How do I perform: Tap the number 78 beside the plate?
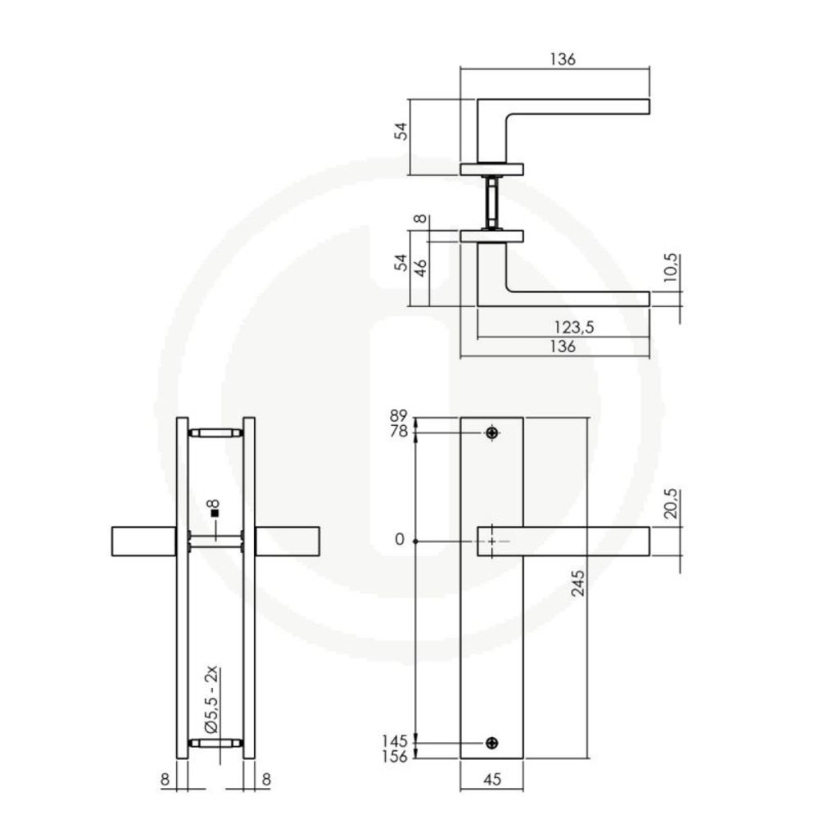400,432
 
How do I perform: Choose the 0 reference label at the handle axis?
400,541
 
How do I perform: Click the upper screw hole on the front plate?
491,432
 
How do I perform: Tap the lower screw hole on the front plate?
491,743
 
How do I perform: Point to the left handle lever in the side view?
143,542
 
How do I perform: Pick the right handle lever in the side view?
287,542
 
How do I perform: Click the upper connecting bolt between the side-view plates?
215,432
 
